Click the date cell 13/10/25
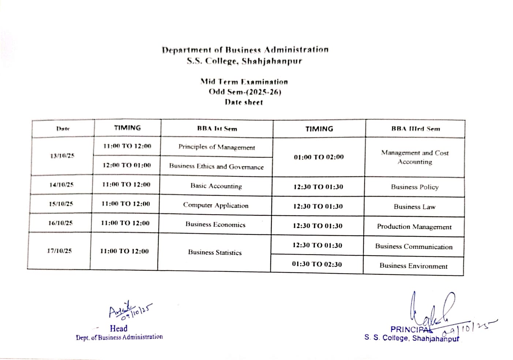coord(62,156)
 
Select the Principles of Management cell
coord(217,147)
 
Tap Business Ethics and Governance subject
coord(216,167)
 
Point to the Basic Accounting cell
coord(216,186)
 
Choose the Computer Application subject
coord(216,205)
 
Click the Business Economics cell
coord(215,224)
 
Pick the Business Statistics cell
coord(215,252)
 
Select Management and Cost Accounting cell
coord(415,157)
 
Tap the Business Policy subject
coord(415,187)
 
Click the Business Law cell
coord(415,207)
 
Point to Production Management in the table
coord(414,227)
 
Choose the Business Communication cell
coord(414,247)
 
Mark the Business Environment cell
coord(413,266)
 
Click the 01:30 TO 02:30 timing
coord(317,264)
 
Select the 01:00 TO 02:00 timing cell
coord(319,157)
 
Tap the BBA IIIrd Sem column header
coord(416,129)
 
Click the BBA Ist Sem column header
coord(217,129)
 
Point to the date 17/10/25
coord(59,251)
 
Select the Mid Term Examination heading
coord(244,82)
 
